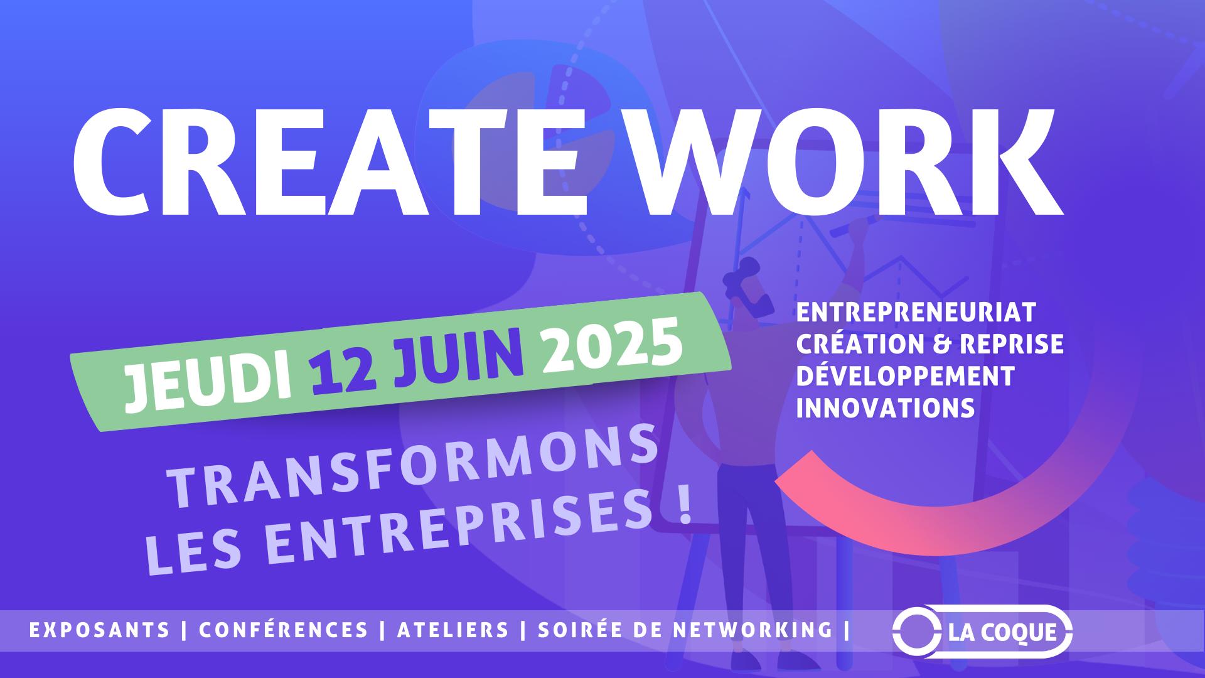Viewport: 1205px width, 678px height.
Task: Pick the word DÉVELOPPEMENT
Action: tap(905, 376)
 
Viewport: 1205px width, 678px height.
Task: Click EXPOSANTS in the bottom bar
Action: tap(100, 630)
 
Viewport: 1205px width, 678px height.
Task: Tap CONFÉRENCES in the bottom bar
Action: tap(284, 629)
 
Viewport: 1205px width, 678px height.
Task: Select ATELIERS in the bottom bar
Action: tap(453, 630)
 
